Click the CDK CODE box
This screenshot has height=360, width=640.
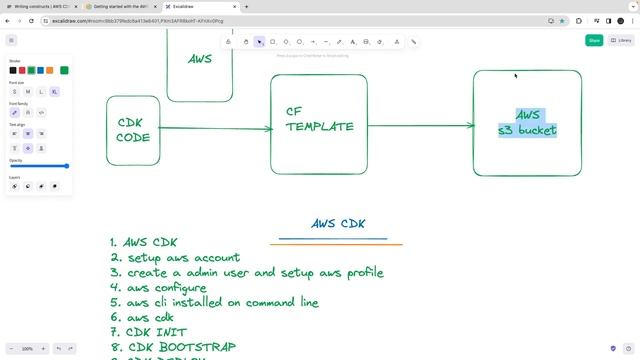coord(133,130)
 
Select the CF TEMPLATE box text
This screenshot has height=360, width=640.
coord(319,119)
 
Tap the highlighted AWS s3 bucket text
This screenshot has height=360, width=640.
coord(527,122)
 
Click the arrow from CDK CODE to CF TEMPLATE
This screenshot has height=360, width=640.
coord(215,128)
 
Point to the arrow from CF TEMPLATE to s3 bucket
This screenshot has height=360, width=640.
coord(420,125)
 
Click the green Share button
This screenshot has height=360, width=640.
coord(594,40)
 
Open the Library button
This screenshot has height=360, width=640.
coord(621,40)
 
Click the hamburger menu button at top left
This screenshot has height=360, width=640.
coord(11,40)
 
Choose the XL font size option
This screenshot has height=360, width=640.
coord(54,91)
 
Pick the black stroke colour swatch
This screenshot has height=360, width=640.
coord(13,70)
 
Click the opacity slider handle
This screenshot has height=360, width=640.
coord(67,166)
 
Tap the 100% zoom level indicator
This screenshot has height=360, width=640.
coord(27,348)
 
